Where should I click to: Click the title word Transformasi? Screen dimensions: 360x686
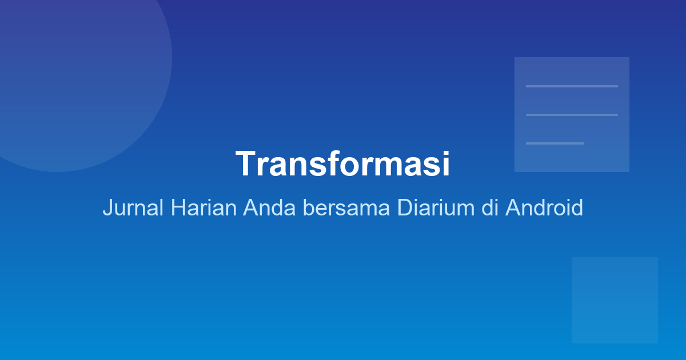342,164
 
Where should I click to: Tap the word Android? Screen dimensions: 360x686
544,207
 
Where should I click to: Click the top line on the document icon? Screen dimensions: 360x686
572,86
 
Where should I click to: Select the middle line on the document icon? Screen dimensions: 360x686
572,115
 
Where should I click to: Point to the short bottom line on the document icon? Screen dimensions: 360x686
555,143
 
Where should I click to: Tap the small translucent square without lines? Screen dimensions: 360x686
615,300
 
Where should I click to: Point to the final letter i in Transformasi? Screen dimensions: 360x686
446,164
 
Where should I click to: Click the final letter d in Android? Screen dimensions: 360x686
577,207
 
